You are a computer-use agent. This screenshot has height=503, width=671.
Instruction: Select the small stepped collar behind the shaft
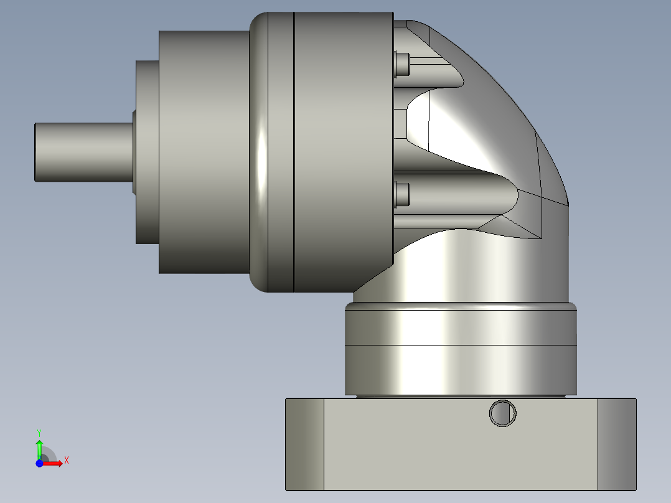[x=147, y=153]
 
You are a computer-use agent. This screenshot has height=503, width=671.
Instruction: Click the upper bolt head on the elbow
[x=403, y=64]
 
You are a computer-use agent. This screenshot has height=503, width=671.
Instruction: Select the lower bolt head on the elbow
[x=403, y=194]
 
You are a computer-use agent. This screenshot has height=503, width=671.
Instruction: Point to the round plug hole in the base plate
[x=503, y=413]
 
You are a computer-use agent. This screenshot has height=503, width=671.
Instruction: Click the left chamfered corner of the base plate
[x=304, y=444]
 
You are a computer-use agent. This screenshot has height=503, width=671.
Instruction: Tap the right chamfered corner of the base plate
[x=617, y=444]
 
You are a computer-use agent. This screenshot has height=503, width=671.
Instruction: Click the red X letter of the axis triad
[x=67, y=460]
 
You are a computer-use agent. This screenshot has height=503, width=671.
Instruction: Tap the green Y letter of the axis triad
[x=39, y=432]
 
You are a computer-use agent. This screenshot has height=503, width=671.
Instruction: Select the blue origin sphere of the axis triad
[x=39, y=464]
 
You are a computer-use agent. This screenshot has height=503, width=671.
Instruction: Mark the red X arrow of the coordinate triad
[x=53, y=464]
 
